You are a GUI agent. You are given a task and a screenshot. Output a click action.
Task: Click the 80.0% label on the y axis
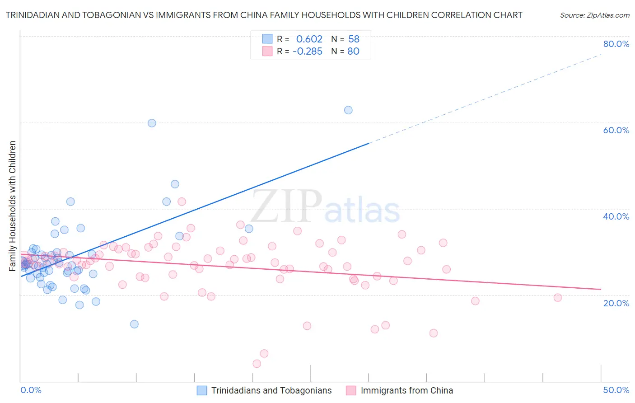(x=616, y=44)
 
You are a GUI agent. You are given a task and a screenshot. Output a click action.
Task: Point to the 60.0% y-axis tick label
(x=616, y=130)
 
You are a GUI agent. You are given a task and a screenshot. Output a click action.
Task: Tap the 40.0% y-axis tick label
(x=616, y=216)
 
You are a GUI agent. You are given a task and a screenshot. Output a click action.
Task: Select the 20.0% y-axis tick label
(x=616, y=303)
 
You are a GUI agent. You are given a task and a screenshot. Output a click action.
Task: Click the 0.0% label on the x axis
(x=31, y=390)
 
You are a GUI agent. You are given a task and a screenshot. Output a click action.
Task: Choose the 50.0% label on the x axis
(x=616, y=390)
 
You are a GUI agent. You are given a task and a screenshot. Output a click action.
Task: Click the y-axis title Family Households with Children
(x=12, y=206)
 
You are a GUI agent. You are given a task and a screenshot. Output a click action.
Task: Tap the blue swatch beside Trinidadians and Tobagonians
(x=202, y=390)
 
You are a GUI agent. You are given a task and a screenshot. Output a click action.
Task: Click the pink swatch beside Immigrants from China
(x=351, y=390)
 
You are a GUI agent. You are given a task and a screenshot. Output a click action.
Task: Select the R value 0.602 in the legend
(x=309, y=39)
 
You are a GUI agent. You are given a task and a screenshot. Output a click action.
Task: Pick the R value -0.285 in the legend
(x=308, y=52)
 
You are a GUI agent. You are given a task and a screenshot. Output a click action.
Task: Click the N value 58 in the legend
(x=354, y=39)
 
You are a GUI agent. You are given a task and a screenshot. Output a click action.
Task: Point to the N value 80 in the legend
(x=354, y=52)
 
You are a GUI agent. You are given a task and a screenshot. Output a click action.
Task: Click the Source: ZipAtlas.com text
(x=594, y=15)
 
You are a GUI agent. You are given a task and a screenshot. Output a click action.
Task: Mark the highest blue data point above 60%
(x=348, y=110)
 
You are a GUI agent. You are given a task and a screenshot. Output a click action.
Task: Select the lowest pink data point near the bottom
(x=257, y=364)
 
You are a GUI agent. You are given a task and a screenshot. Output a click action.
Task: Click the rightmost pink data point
(x=558, y=298)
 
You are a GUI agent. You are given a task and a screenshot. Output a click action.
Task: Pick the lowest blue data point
(x=134, y=324)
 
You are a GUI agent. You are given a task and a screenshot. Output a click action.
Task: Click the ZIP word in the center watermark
(x=286, y=206)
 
